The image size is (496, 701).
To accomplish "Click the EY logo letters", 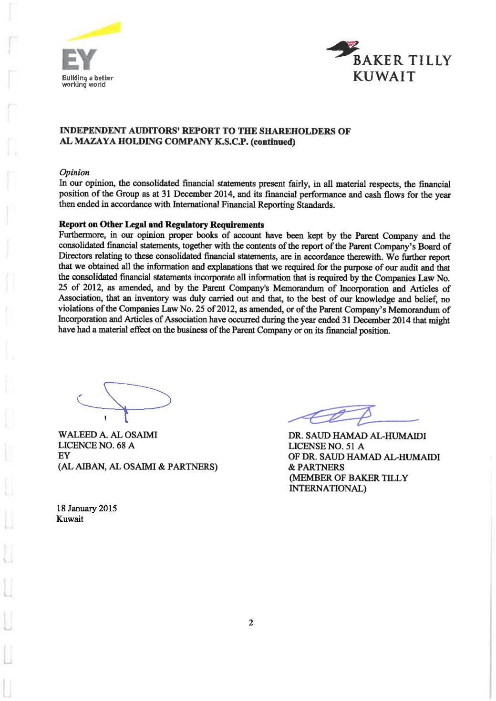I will (79, 60).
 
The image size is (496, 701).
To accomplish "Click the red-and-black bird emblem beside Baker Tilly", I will (344, 49).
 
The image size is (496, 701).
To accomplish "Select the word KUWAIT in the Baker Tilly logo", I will (384, 77).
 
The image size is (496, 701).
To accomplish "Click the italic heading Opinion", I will (74, 173).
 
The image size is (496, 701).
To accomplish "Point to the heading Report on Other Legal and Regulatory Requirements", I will (161, 225).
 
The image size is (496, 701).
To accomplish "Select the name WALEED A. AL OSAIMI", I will (107, 435).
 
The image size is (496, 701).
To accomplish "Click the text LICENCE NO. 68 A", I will (96, 445).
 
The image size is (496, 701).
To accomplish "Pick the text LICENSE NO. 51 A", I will (326, 446).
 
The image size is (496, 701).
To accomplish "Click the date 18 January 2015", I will (87, 508).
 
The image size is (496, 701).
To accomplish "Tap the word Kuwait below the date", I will (70, 519).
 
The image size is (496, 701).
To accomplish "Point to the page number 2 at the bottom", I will (251, 622).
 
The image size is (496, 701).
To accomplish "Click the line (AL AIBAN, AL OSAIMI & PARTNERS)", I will (137, 467).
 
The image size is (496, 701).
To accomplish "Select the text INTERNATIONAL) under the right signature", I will (328, 488).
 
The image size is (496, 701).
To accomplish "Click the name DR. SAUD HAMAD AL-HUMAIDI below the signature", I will (357, 436).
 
